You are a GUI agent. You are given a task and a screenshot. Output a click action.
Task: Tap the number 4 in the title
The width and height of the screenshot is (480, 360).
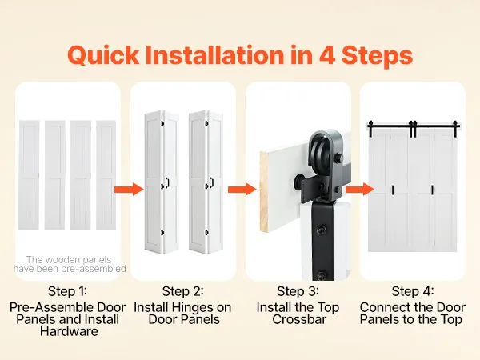327,55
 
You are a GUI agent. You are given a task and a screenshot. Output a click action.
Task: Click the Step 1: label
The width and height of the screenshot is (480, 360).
67,291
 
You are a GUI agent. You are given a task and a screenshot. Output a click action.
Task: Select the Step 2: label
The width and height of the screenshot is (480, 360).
182,291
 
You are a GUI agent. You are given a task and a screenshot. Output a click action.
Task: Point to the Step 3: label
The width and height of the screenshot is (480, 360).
298,291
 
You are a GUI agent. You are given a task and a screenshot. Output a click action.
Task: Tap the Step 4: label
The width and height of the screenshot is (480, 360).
413,291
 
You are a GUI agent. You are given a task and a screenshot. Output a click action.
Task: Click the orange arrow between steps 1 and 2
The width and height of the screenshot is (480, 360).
129,190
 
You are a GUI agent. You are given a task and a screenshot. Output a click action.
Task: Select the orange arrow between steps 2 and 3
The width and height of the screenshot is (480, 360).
242,190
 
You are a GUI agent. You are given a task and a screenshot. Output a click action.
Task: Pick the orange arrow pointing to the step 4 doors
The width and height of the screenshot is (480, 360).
360,189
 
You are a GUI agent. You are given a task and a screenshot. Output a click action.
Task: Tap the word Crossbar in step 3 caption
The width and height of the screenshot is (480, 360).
299,319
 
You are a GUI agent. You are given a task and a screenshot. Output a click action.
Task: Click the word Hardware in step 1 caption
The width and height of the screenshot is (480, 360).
69,331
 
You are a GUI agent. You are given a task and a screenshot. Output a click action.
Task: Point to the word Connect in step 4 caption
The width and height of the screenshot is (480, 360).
386,308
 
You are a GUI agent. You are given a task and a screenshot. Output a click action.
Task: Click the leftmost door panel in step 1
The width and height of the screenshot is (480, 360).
29,175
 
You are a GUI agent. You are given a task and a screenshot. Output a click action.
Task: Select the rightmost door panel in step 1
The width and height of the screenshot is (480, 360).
106,175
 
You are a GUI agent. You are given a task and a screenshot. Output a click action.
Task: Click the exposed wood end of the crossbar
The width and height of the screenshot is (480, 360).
264,192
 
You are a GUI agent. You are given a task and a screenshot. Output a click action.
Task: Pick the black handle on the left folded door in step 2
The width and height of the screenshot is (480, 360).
167,182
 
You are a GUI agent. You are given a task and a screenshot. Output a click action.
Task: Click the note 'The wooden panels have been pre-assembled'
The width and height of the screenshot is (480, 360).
70,264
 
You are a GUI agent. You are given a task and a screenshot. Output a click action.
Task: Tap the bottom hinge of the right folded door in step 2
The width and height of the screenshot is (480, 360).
206,233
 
